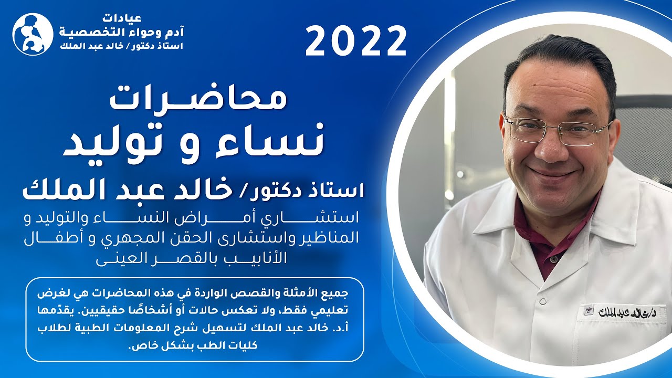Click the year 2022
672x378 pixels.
point(356,42)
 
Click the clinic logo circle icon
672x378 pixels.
point(33,34)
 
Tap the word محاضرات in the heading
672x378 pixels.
point(198,100)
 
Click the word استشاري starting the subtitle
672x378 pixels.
point(329,217)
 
